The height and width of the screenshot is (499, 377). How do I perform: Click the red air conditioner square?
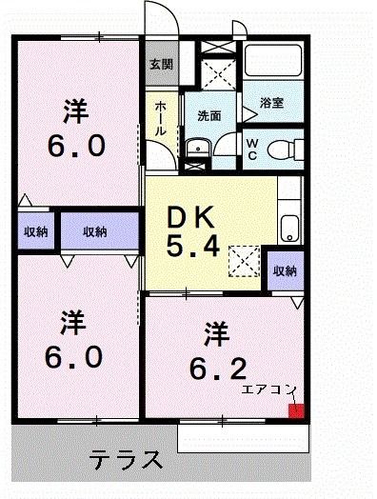pyautogui.click(x=296, y=410)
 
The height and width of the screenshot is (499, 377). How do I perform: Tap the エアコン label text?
pyautogui.click(x=269, y=389)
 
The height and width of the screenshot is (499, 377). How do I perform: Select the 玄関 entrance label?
pyautogui.click(x=161, y=65)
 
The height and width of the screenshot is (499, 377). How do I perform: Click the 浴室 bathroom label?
pyautogui.click(x=272, y=102)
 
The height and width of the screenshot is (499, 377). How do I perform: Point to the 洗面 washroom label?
pyautogui.click(x=209, y=115)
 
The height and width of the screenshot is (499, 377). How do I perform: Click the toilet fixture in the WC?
pyautogui.click(x=282, y=149)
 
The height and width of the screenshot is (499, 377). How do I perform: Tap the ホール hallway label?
pyautogui.click(x=161, y=117)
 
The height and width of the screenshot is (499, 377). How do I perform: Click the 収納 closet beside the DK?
pyautogui.click(x=285, y=270)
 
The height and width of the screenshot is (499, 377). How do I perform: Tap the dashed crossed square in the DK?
pyautogui.click(x=245, y=258)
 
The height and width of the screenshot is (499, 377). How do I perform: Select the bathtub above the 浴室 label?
pyautogui.click(x=272, y=67)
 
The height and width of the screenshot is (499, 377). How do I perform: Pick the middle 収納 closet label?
pyautogui.click(x=93, y=231)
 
